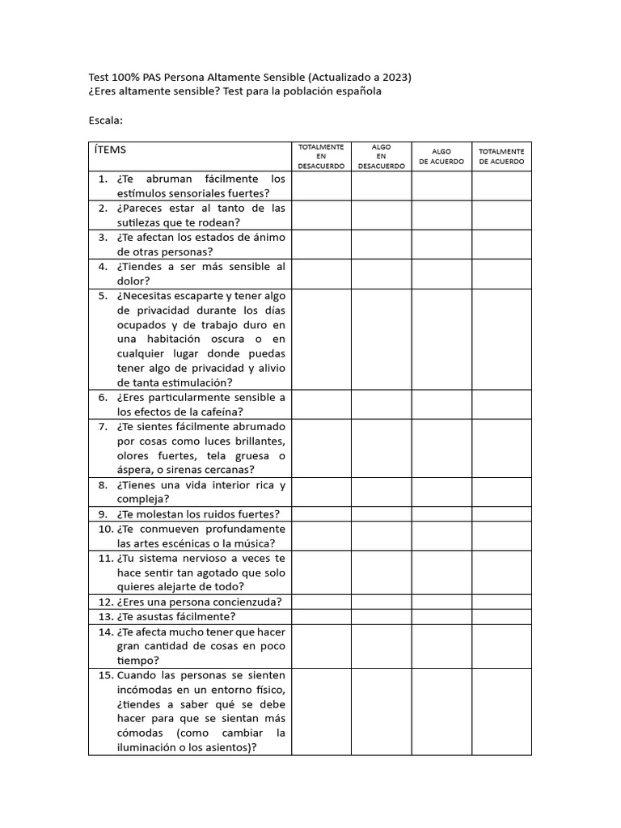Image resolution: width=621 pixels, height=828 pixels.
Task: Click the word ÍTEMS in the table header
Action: coord(110,150)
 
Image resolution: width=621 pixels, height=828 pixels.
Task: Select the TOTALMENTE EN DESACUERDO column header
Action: coord(321,156)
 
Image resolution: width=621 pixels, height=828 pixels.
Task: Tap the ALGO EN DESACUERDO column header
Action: coord(381,156)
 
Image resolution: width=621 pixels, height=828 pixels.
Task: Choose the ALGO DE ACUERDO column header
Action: coord(441,156)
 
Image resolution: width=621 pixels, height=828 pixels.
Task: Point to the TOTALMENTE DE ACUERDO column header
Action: coord(501,156)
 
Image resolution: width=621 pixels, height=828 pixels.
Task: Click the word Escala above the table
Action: coord(105,120)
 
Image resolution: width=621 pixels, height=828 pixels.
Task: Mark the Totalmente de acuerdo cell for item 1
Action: coord(501,186)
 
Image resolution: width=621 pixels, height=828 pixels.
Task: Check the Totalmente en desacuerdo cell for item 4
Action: coord(321,273)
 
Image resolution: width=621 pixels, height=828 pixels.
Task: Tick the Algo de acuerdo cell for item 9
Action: coord(441,513)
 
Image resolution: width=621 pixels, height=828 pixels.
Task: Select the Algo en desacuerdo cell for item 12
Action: coord(381,602)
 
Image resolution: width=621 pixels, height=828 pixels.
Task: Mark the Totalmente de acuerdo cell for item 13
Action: coord(501,616)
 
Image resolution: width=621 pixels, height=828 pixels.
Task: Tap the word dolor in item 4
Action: coord(133,281)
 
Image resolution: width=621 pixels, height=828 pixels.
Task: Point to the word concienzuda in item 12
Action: coord(242,602)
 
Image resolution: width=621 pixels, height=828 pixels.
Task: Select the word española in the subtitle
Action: coord(356,91)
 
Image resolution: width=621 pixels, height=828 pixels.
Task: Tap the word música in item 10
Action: coord(251,543)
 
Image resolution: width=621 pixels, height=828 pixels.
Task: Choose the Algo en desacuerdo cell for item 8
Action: coord(381,492)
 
